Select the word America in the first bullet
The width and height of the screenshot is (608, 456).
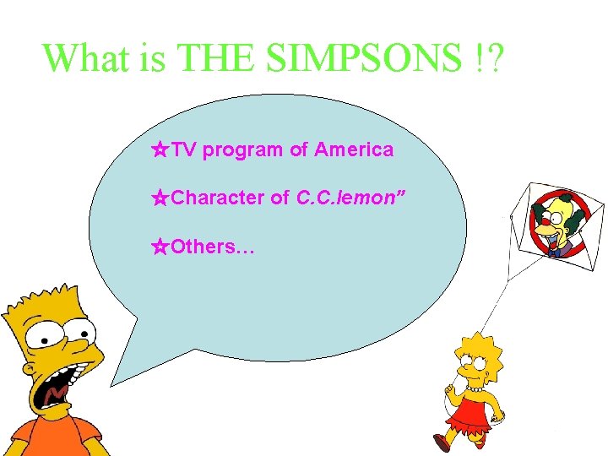tap(354, 150)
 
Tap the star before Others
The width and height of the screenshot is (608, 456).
tap(160, 247)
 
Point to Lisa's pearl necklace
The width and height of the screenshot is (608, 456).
tap(475, 390)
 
